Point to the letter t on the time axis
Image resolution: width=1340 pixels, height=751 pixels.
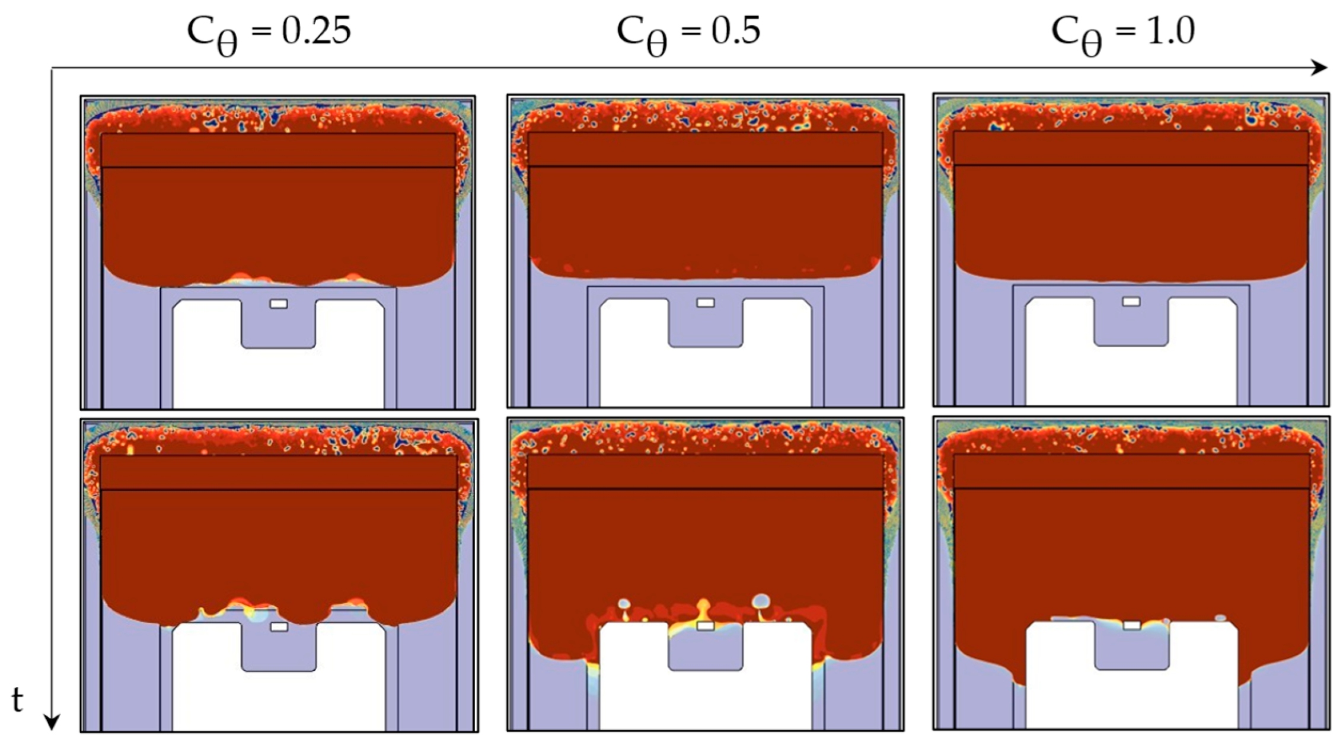point(18,701)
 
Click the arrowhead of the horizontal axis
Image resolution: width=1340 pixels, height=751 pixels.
point(1319,68)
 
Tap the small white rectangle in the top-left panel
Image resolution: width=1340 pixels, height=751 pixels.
point(279,303)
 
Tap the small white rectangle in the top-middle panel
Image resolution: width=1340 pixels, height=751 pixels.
point(706,302)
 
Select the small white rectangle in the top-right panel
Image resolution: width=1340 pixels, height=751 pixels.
point(1131,301)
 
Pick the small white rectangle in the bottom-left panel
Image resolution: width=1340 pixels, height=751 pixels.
point(279,627)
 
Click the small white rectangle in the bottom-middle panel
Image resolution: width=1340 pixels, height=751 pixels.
point(706,625)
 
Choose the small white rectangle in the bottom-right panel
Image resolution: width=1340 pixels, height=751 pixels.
point(1132,625)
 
